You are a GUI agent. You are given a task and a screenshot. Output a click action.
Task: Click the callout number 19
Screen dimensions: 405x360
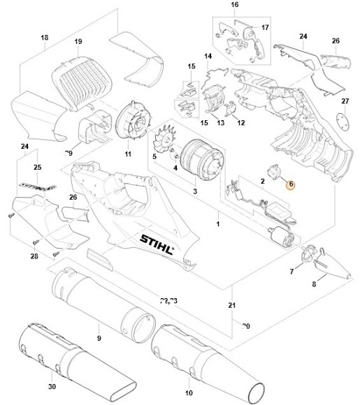click(x=78, y=41)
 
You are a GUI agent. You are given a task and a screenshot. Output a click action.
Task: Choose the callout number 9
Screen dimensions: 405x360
click(x=99, y=338)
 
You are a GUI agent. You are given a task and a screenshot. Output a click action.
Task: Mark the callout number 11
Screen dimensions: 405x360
click(x=128, y=153)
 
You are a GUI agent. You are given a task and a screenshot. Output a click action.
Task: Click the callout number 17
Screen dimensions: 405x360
click(x=265, y=27)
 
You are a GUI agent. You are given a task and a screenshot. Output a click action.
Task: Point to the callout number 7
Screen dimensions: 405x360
click(x=291, y=271)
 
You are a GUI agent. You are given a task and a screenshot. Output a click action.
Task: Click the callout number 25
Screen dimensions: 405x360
click(x=37, y=168)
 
